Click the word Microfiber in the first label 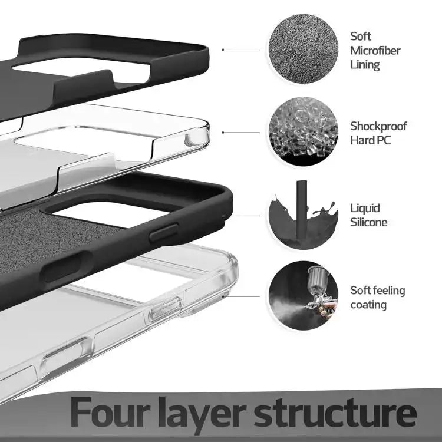(375, 51)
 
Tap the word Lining (365, 65)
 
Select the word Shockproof (378, 126)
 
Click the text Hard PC (370, 140)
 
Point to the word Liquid (365, 208)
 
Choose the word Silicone (368, 222)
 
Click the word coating (368, 305)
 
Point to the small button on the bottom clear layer (164, 308)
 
